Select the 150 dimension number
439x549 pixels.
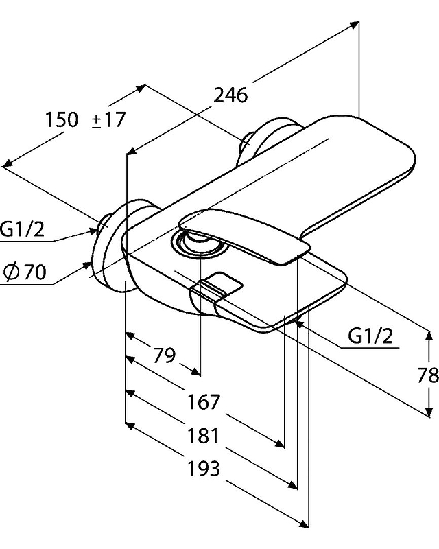(62, 119)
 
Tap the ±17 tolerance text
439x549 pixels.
(109, 119)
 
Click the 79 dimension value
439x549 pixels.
(164, 355)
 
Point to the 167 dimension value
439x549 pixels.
(204, 401)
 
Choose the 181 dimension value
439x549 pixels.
(204, 436)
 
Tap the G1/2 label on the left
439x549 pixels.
(22, 229)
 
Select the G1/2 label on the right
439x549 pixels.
(370, 336)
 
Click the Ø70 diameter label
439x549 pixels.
(25, 272)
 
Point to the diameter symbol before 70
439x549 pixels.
(12, 272)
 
